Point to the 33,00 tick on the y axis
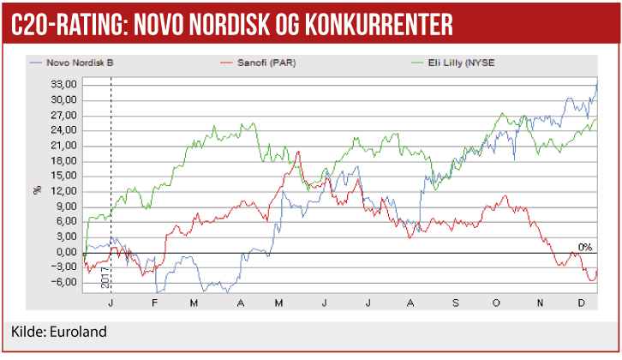point(64,84)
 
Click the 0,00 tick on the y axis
point(67,252)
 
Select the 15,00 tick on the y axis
point(64,176)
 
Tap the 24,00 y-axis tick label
point(64,130)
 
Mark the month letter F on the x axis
point(154,303)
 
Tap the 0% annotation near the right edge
point(585,247)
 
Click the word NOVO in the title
point(163,24)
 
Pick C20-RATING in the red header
point(64,24)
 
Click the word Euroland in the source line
point(82,333)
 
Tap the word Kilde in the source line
point(28,333)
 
